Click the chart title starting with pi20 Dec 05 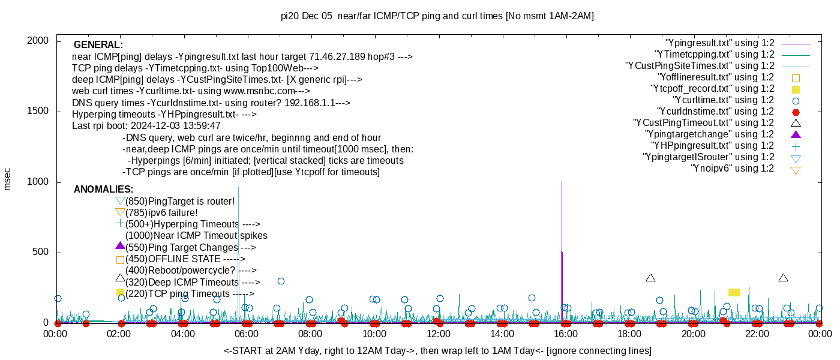click(x=437, y=16)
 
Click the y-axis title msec click(x=7, y=179)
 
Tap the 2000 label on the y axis click(x=40, y=41)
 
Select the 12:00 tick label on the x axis click(x=439, y=334)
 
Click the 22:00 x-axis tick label click(x=757, y=334)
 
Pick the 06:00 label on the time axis click(x=247, y=334)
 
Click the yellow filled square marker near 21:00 click(x=734, y=292)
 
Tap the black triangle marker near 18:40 click(x=650, y=278)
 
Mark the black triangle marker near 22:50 click(x=783, y=278)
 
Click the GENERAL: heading click(x=98, y=45)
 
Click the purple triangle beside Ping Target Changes click(x=120, y=245)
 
